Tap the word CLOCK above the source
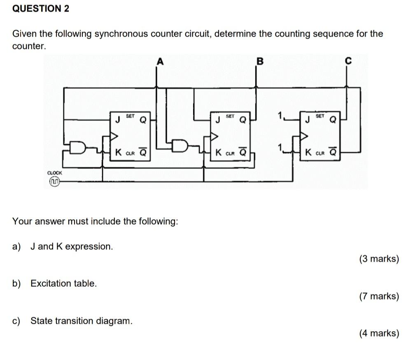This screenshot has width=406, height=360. (54, 173)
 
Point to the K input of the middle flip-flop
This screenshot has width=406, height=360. (218, 152)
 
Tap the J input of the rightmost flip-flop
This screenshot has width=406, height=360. (307, 121)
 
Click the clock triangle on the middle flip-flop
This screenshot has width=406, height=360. (214, 137)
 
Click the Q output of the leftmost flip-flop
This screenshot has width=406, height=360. (143, 121)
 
